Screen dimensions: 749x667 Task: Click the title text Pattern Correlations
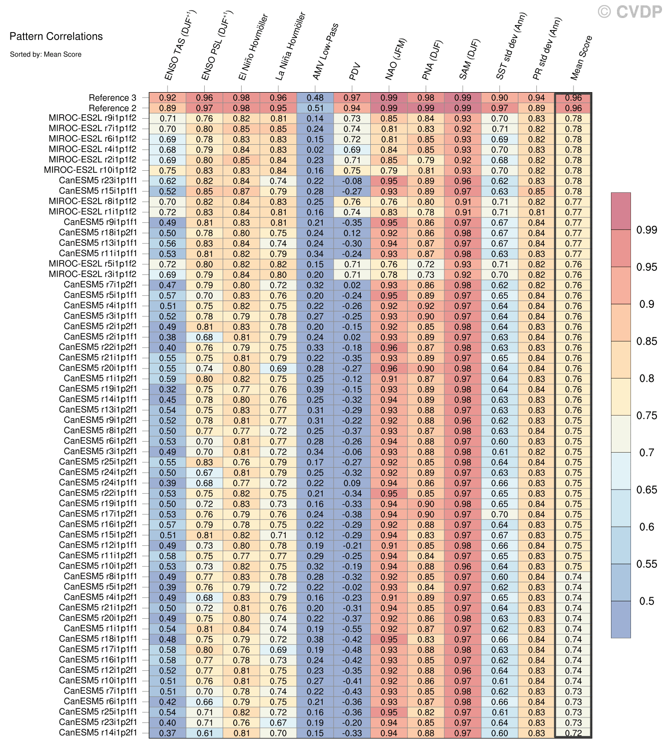[x=56, y=37]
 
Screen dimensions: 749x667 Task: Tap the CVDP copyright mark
[x=630, y=12]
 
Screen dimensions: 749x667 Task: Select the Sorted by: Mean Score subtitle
[x=46, y=54]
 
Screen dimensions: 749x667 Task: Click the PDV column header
[x=355, y=72]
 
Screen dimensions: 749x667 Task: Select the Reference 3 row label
[x=112, y=98]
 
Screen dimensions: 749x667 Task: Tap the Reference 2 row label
[x=112, y=108]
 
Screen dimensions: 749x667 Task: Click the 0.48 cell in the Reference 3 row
[x=315, y=98]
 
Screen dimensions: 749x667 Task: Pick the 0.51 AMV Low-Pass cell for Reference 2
[x=315, y=108]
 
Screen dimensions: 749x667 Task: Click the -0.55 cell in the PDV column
[x=352, y=629]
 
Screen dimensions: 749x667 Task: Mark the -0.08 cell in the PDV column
[x=352, y=181]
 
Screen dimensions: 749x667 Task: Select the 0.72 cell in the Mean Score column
[x=573, y=733]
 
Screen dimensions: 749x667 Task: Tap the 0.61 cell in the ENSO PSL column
[x=205, y=733]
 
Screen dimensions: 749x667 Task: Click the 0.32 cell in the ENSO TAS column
[x=168, y=389]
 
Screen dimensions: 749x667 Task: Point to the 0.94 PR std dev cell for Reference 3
[x=536, y=98]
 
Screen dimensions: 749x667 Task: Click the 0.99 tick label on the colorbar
[x=646, y=230]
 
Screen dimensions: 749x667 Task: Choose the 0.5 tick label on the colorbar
[x=646, y=601]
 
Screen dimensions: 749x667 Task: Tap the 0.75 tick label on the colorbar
[x=646, y=416]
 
